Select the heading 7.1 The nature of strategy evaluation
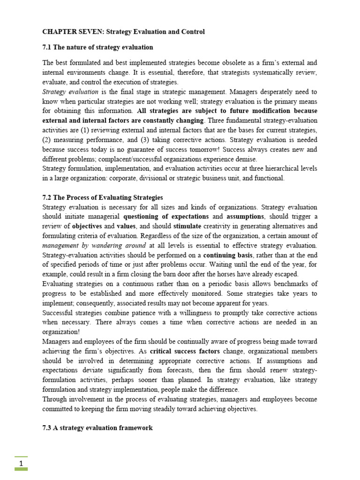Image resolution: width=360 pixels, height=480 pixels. pyautogui.click(x=97, y=47)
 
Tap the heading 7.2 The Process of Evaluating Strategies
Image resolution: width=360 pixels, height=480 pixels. pyautogui.click(x=103, y=197)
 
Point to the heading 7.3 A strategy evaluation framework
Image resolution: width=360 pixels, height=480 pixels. pyautogui.click(x=97, y=428)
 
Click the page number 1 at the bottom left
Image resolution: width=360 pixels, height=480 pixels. pyautogui.click(x=21, y=464)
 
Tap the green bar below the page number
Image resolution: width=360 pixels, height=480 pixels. pyautogui.click(x=21, y=469)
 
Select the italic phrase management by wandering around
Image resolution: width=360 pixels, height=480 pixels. pyautogui.click(x=94, y=246)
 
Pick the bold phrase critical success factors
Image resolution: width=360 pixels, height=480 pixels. pyautogui.click(x=185, y=352)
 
